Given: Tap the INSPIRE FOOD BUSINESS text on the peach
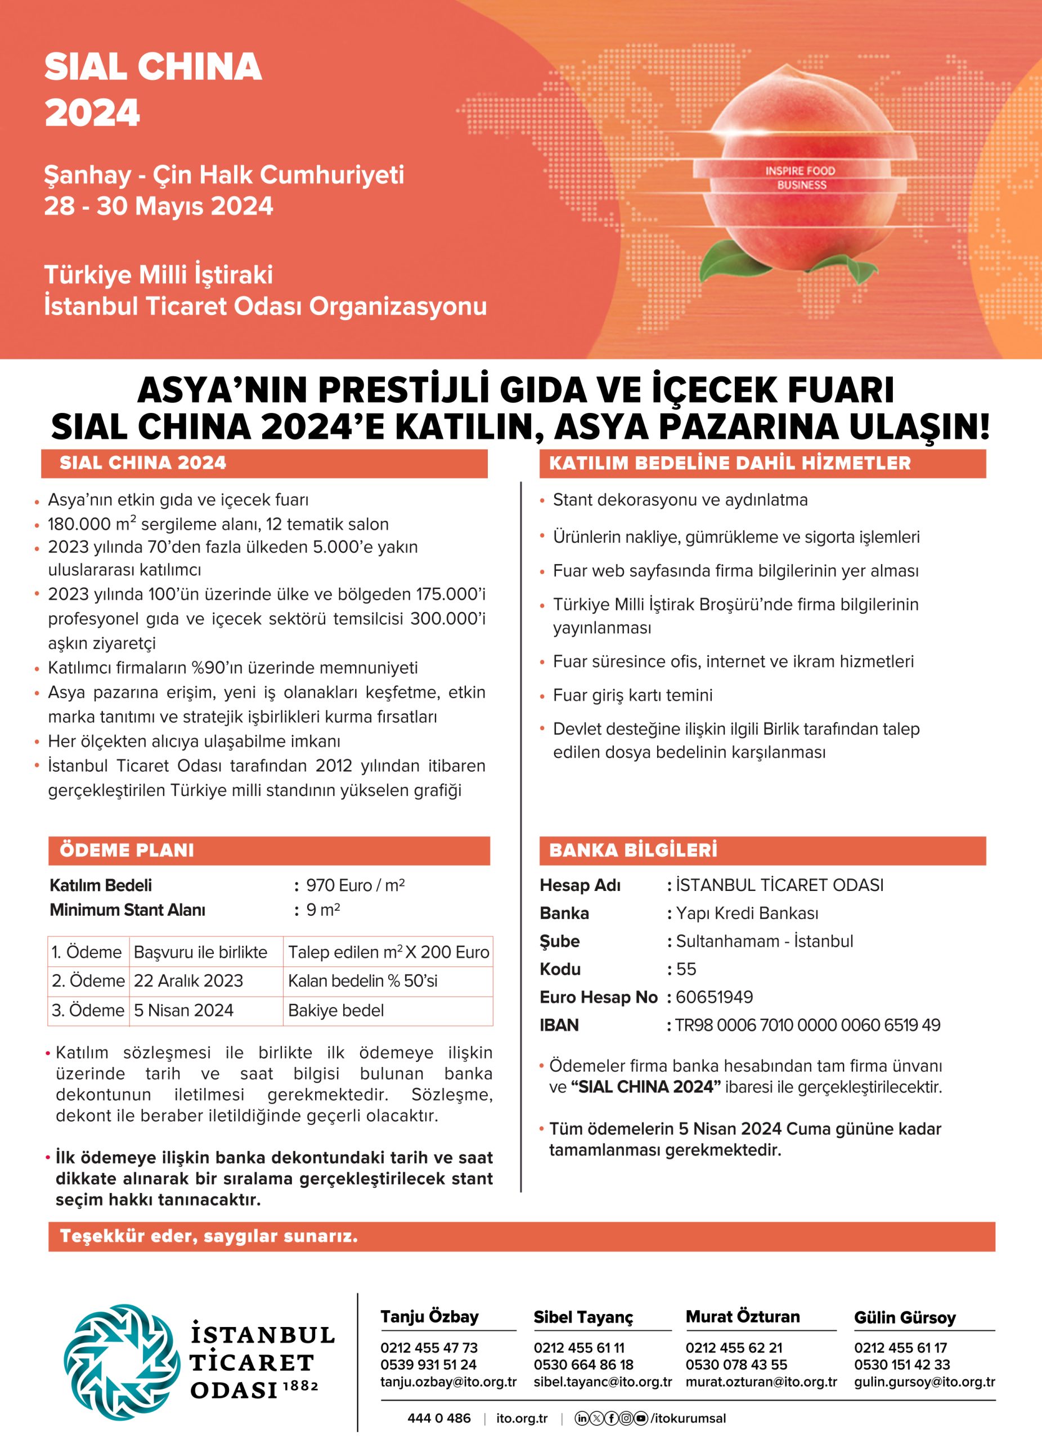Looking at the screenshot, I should click(x=800, y=178).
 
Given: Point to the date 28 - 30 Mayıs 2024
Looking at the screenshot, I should click(x=158, y=206).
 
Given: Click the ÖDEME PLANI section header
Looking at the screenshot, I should click(x=127, y=850).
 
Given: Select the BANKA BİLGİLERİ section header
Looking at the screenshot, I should click(x=633, y=850).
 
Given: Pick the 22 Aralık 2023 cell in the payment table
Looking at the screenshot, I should click(x=188, y=981).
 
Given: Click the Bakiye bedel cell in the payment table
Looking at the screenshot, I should click(x=336, y=1010).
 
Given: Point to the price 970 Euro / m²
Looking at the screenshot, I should click(x=355, y=885).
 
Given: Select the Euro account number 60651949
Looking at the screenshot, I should click(x=715, y=997).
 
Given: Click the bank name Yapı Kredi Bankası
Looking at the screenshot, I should click(x=747, y=913).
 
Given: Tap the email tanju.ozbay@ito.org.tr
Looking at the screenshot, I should click(x=448, y=1381).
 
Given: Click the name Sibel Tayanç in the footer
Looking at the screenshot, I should click(x=583, y=1317).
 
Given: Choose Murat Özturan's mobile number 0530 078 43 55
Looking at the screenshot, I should click(x=736, y=1365).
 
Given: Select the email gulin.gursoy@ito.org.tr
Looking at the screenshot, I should click(x=924, y=1381).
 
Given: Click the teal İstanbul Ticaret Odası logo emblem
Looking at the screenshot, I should click(x=120, y=1362).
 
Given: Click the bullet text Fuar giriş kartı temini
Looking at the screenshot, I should click(x=632, y=695).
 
